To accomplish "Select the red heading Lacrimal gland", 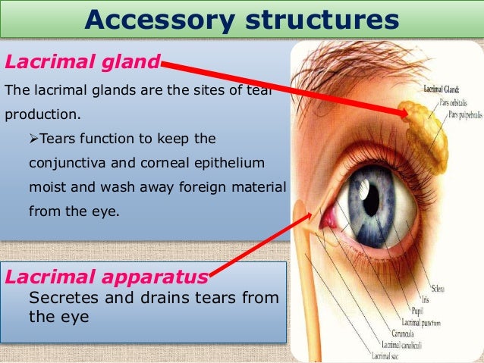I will (x=82, y=60).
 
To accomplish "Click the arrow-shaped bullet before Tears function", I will (x=33, y=139).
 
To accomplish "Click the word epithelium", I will (x=235, y=163).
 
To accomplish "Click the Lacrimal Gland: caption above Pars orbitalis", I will (x=446, y=89).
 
